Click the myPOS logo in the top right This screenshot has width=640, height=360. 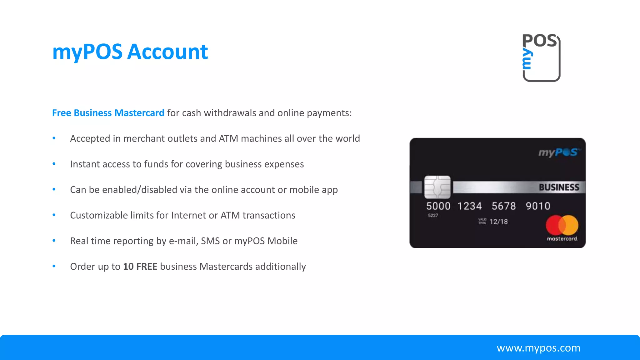pyautogui.click(x=541, y=57)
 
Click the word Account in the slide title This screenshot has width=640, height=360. pyautogui.click(x=167, y=52)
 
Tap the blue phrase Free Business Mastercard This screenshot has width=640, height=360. pyautogui.click(x=108, y=113)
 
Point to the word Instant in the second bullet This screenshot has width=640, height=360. pyautogui.click(x=85, y=164)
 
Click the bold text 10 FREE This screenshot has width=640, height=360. pyautogui.click(x=140, y=267)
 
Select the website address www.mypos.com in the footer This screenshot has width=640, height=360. pyautogui.click(x=538, y=348)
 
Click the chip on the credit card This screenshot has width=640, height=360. pyautogui.click(x=437, y=187)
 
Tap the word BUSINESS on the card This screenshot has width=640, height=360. pyautogui.click(x=559, y=187)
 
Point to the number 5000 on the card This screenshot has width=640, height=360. pyautogui.click(x=438, y=206)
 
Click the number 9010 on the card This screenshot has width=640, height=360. pyautogui.click(x=537, y=206)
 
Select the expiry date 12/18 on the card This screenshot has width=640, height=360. pyautogui.click(x=498, y=222)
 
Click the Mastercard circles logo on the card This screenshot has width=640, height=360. pyautogui.click(x=562, y=225)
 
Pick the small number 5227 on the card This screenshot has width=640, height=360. pyautogui.click(x=433, y=216)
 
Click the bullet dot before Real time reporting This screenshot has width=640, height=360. pyautogui.click(x=54, y=241)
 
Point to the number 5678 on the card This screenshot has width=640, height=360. pyautogui.click(x=503, y=206)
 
